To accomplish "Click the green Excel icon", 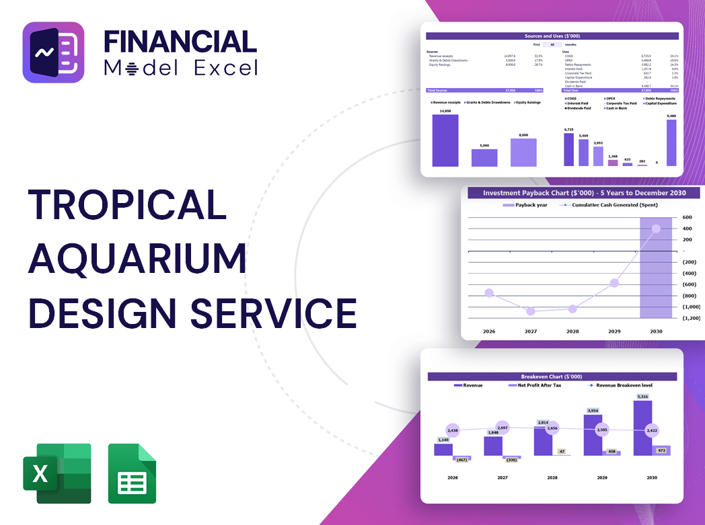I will [57, 473].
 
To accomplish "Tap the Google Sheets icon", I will [132, 473].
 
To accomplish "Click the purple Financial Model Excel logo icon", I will [53, 52].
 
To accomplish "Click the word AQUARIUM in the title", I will [137, 258].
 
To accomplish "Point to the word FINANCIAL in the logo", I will [180, 42].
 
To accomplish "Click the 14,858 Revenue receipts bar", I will [445, 140].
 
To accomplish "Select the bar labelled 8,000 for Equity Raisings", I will [523, 153].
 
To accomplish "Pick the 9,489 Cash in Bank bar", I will [671, 143].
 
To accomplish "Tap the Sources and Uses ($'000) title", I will [552, 36].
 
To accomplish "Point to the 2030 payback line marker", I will [656, 229].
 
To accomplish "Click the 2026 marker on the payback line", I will [489, 293].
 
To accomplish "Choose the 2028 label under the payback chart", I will [572, 331].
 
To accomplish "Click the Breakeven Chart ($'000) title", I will [552, 376].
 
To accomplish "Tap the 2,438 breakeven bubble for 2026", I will [452, 430].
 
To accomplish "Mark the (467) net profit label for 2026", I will [461, 460].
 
